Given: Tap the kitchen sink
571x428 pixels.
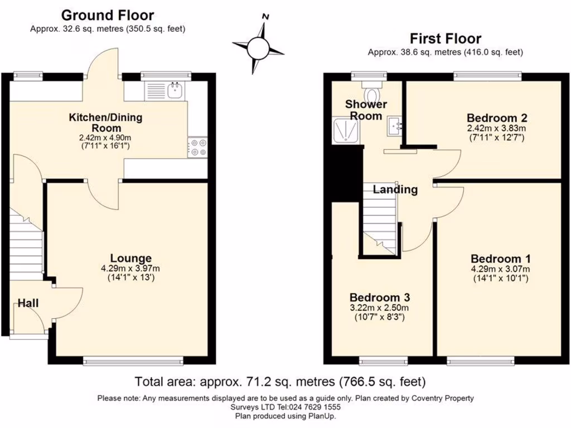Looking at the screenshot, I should point(168,90).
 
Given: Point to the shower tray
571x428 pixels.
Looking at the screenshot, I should point(346,132).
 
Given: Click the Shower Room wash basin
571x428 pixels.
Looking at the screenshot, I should point(395,126).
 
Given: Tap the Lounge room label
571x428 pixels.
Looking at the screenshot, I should point(131,258).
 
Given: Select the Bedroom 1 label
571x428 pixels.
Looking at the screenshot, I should point(500,259).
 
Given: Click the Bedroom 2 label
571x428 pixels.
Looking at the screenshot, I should point(497,118).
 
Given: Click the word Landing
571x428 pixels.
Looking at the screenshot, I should point(395,189).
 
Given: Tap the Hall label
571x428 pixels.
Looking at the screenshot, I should point(28,303).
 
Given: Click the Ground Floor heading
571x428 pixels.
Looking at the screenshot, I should point(108,15).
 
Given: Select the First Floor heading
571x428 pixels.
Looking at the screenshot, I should point(445,38).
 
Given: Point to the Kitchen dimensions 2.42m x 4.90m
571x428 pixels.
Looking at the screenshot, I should point(105,137).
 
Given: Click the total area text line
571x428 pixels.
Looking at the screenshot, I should point(280,382).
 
